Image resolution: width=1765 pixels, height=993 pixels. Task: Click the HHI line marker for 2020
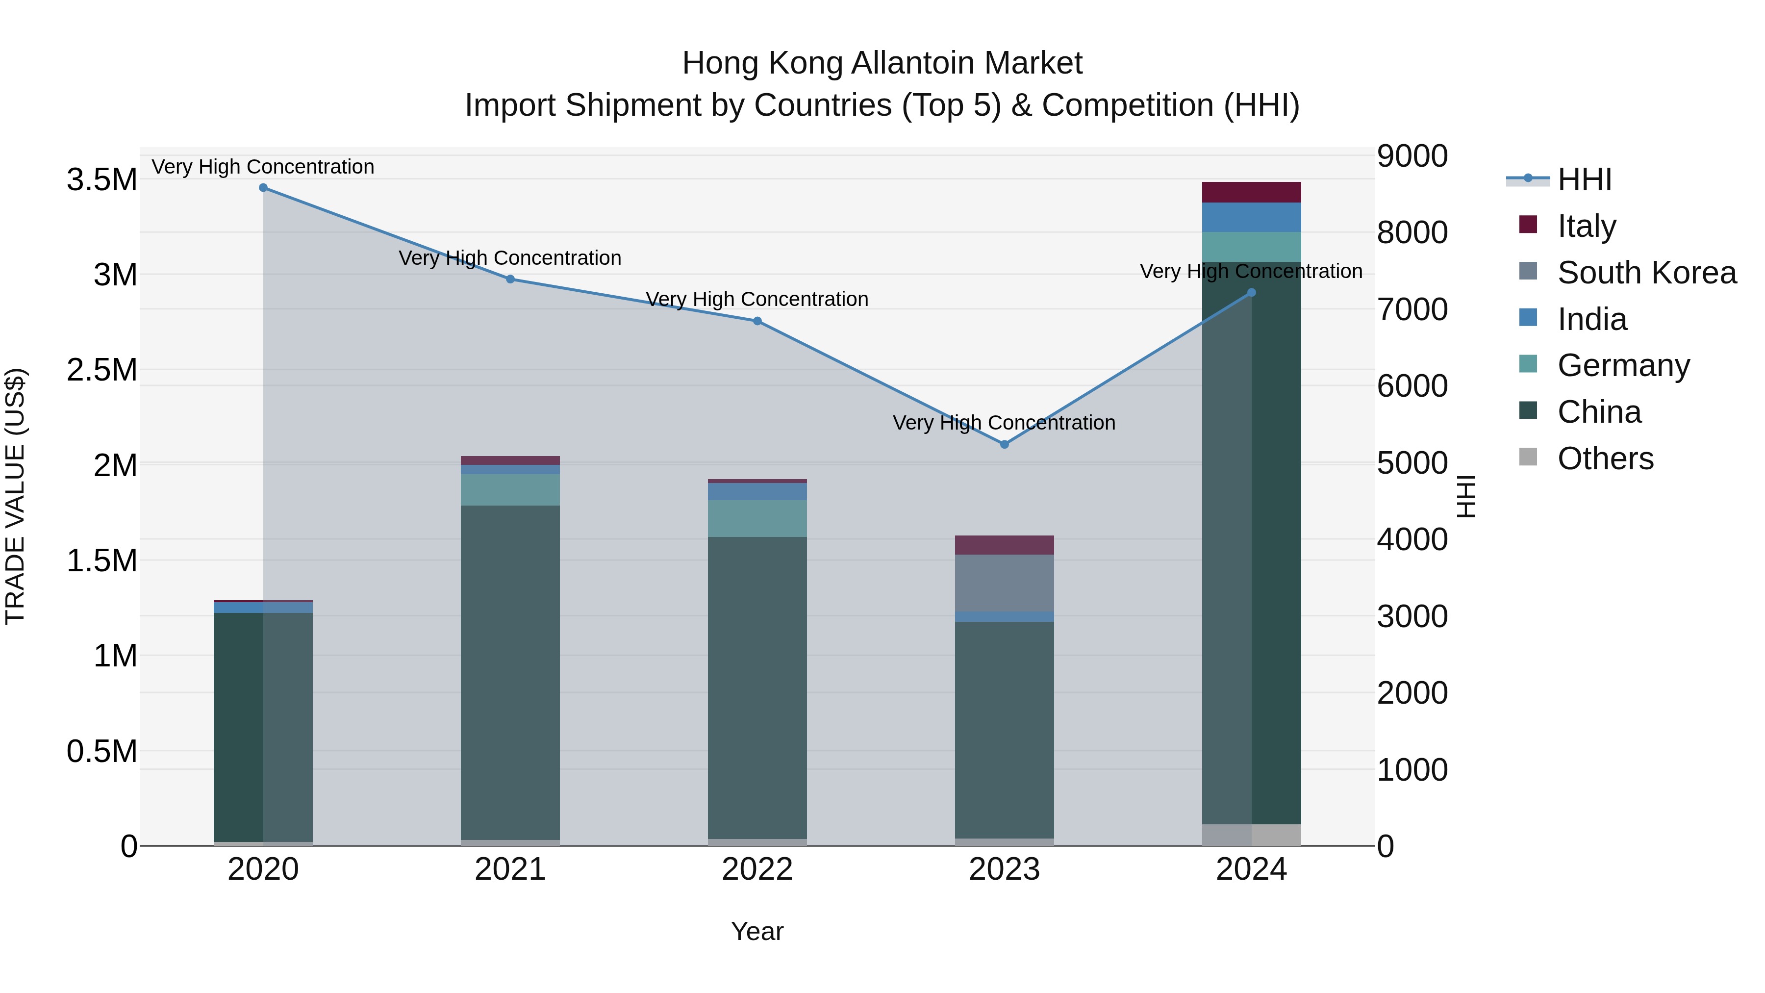[x=263, y=188]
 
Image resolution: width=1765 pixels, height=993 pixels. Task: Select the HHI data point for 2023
[x=1005, y=444]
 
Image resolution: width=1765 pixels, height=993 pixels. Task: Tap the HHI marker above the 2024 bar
[x=1251, y=293]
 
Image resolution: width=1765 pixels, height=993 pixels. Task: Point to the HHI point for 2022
[x=757, y=321]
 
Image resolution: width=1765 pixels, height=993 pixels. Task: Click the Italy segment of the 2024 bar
[x=1251, y=193]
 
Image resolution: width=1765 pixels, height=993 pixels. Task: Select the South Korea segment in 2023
[x=1005, y=583]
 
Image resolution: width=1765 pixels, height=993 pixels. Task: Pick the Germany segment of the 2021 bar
[x=510, y=490]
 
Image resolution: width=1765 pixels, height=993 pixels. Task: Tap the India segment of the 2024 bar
[x=1251, y=217]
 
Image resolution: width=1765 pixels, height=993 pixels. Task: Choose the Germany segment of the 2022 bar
[x=757, y=519]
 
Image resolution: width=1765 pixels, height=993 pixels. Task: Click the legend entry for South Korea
[x=1646, y=273]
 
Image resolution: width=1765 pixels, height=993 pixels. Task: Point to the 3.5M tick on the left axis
[x=102, y=180]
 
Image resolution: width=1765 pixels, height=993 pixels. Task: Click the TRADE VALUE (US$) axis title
[x=16, y=496]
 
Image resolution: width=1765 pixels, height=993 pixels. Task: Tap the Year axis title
[x=757, y=931]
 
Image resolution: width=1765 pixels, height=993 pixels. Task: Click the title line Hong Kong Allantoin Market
[x=882, y=63]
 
